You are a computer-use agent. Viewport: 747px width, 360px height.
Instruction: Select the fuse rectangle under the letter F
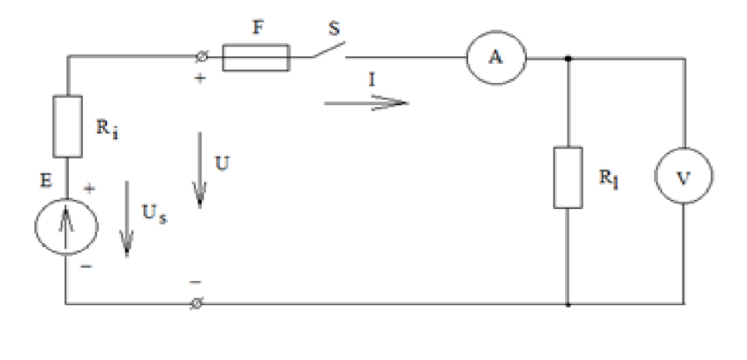pos(256,58)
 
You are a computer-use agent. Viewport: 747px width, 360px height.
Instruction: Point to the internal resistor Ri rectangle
pos(68,126)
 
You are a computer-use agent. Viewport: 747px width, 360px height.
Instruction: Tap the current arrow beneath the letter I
pos(366,103)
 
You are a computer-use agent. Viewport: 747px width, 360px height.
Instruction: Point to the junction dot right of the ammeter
pos(567,58)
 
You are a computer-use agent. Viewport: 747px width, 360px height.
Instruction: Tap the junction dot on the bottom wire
pos(567,304)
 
